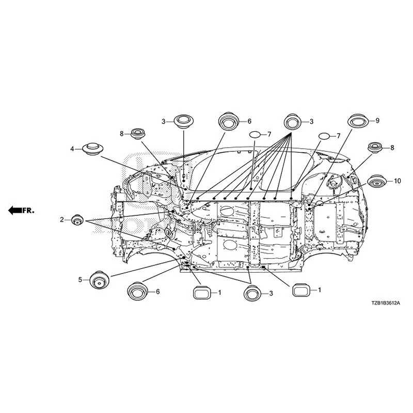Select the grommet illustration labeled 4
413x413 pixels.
tap(92, 149)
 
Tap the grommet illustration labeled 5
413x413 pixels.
tap(99, 280)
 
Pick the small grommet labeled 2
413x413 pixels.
tap(77, 220)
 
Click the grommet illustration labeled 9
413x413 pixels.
tap(358, 121)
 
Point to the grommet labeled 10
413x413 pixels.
tap(377, 181)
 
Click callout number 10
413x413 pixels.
tap(398, 181)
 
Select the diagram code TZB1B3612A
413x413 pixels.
tap(386, 303)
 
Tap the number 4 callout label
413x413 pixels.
tap(72, 149)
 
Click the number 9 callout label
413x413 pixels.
tap(377, 120)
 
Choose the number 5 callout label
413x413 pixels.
tap(80, 280)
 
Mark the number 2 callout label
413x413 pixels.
tap(61, 219)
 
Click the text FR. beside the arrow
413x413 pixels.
tap(28, 211)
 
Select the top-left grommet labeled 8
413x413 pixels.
tap(138, 134)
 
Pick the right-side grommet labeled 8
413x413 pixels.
tap(375, 148)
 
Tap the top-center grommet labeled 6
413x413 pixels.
tap(228, 121)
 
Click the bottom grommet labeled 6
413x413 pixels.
tap(137, 291)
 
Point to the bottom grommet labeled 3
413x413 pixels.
tap(252, 293)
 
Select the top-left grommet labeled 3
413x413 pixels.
tap(184, 122)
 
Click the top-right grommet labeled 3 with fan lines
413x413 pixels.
tap(292, 122)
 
